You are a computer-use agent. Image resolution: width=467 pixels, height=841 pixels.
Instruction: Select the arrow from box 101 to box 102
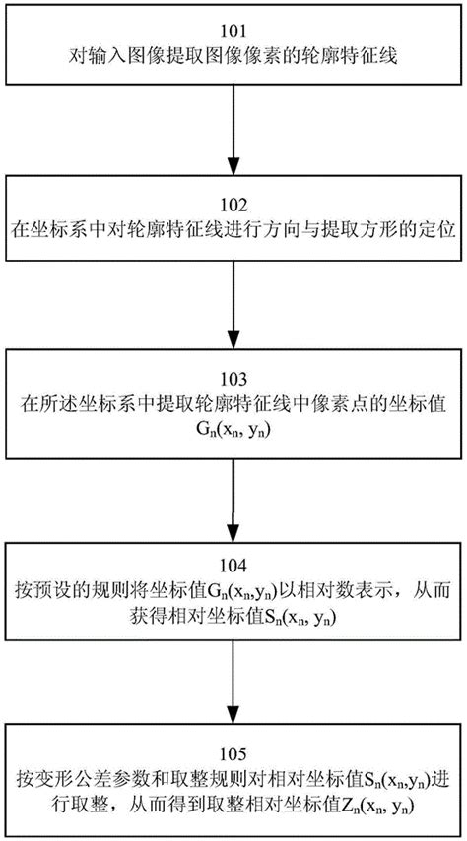coord(233,128)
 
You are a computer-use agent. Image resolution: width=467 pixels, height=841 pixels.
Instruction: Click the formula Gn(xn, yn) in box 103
coord(233,428)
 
